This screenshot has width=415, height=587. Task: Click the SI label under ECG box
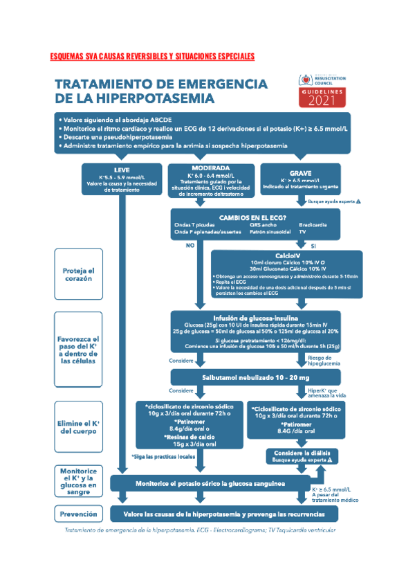tap(313, 245)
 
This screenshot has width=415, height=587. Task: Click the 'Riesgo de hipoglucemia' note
tap(321, 360)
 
